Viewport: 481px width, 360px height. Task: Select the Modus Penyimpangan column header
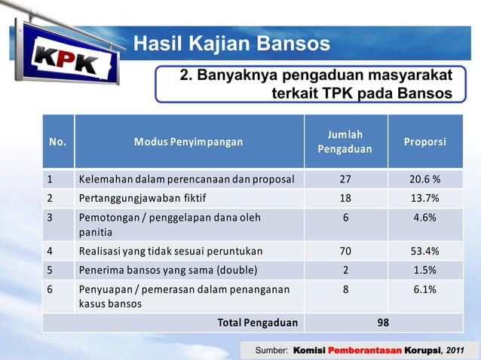click(x=189, y=142)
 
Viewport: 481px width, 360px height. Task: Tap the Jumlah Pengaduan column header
click(x=345, y=142)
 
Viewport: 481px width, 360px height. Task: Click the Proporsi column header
click(x=425, y=142)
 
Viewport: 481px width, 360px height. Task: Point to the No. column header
click(x=57, y=142)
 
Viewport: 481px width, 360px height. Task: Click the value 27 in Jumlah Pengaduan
click(x=345, y=180)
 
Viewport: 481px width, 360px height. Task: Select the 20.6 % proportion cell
click(x=425, y=180)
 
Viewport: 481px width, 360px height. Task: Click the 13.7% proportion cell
click(x=425, y=199)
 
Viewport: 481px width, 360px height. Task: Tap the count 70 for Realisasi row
click(x=345, y=252)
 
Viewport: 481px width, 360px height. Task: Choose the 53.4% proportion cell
click(x=425, y=252)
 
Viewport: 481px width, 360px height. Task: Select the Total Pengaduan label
click(x=257, y=323)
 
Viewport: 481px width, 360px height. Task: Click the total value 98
click(x=384, y=323)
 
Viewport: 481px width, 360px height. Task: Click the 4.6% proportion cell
click(x=425, y=218)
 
